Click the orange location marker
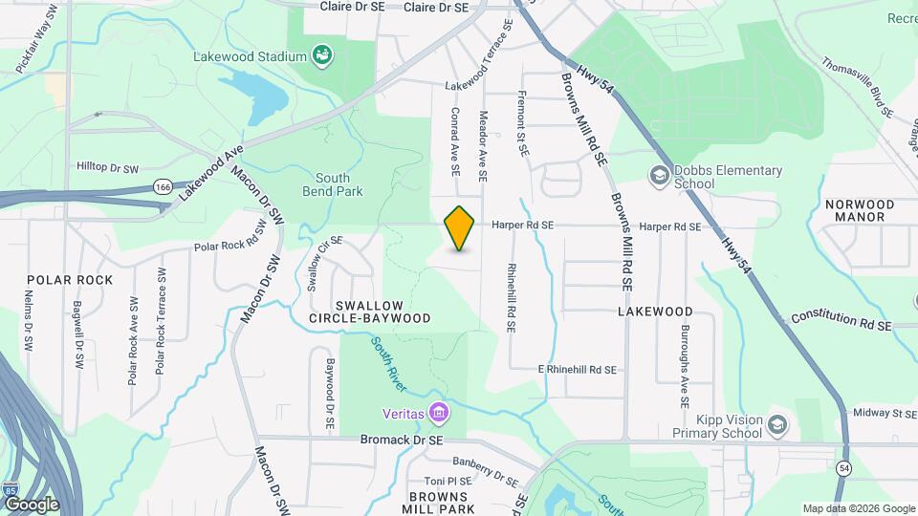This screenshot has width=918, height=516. [460, 228]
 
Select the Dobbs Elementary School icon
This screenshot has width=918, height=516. [658, 176]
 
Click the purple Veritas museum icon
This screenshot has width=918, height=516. [439, 413]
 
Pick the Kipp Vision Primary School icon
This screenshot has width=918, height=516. [778, 424]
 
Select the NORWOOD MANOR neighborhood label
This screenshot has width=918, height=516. [860, 211]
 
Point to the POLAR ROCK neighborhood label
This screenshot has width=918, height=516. [70, 280]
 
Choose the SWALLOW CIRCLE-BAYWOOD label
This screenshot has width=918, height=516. [369, 310]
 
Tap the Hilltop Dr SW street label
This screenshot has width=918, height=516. [107, 169]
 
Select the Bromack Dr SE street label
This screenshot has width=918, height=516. [402, 441]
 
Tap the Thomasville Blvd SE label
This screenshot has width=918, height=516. [857, 86]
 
